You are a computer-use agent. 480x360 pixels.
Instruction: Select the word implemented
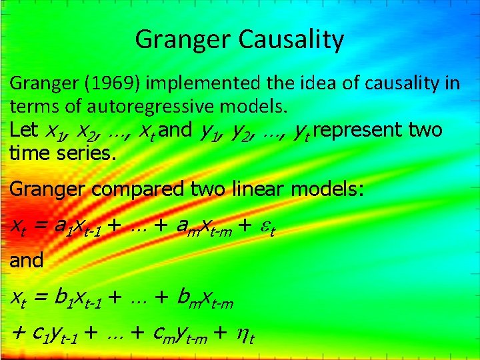coord(197,84)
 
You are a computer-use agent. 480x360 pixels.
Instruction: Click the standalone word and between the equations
coord(26,260)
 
